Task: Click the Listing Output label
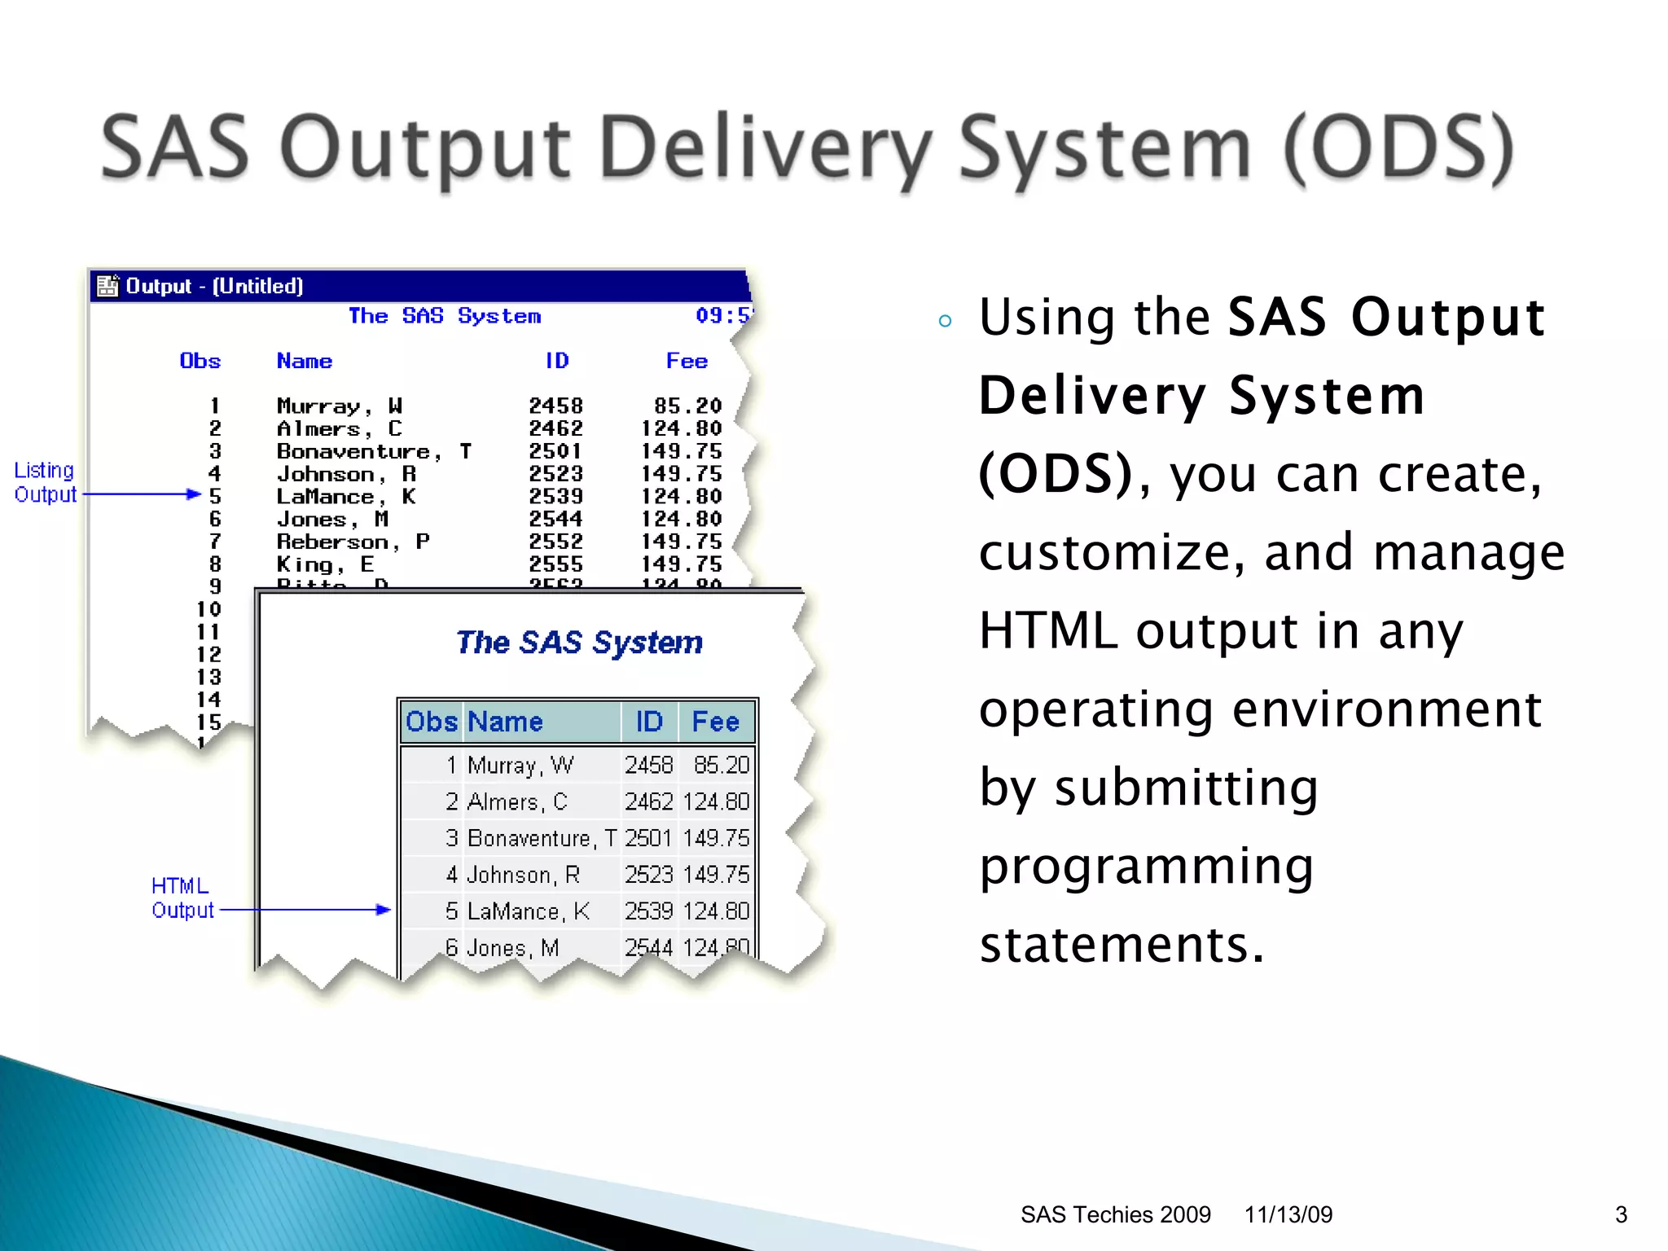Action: click(x=45, y=482)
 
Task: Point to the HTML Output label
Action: click(x=182, y=898)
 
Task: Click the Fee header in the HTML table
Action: click(x=715, y=722)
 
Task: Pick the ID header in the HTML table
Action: click(x=649, y=722)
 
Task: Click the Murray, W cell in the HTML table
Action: click(x=520, y=766)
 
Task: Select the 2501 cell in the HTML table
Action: click(x=648, y=838)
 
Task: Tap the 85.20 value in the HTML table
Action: click(x=721, y=766)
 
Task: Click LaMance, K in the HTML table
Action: click(x=528, y=911)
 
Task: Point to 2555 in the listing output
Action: click(x=555, y=564)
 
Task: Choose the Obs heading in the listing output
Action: click(x=200, y=361)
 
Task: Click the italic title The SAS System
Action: click(x=579, y=643)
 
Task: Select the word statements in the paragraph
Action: click(x=1121, y=945)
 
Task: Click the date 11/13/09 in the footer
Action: click(x=1288, y=1214)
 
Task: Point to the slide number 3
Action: click(x=1621, y=1214)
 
